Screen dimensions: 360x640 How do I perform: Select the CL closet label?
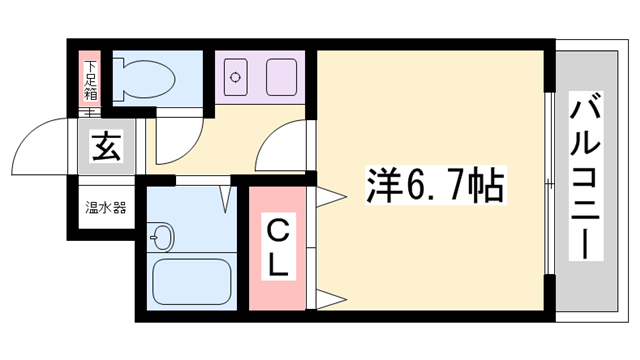[279, 247]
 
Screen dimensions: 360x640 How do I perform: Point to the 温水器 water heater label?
[104, 209]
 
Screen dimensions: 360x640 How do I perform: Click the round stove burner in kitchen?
[236, 75]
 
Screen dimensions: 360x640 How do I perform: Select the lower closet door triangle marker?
[327, 298]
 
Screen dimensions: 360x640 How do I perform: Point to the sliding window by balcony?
[550, 185]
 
